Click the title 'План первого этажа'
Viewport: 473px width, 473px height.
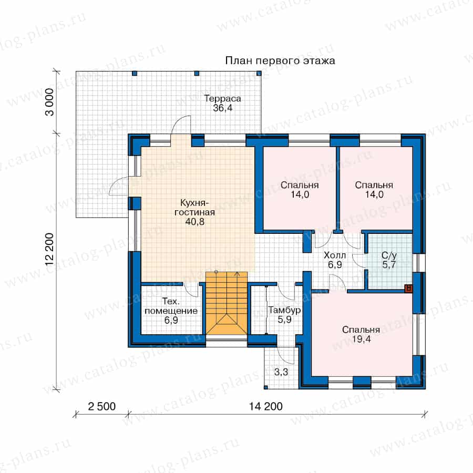(x=280, y=60)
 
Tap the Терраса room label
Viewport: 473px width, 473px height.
(x=223, y=98)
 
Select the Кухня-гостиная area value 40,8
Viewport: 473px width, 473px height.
(x=194, y=222)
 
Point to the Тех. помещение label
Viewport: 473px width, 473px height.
(x=171, y=306)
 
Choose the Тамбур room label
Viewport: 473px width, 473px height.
(x=284, y=310)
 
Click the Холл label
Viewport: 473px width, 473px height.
(x=335, y=255)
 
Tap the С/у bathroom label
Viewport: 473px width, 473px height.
(x=389, y=255)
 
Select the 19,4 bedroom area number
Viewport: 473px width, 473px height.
(x=361, y=339)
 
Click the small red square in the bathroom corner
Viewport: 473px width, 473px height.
(x=409, y=289)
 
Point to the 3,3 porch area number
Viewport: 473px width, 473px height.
(x=281, y=372)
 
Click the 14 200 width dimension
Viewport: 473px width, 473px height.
(x=265, y=406)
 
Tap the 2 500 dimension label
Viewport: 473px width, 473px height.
(x=101, y=406)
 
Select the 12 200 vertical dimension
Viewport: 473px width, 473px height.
(x=50, y=249)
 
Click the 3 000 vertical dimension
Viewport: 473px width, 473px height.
(x=50, y=102)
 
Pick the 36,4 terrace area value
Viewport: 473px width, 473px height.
(x=223, y=108)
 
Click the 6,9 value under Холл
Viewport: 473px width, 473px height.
(x=335, y=264)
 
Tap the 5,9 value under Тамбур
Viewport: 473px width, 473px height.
(x=284, y=320)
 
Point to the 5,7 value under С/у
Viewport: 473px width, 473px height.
(x=389, y=264)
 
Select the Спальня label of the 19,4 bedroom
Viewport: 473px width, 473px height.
(x=361, y=330)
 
